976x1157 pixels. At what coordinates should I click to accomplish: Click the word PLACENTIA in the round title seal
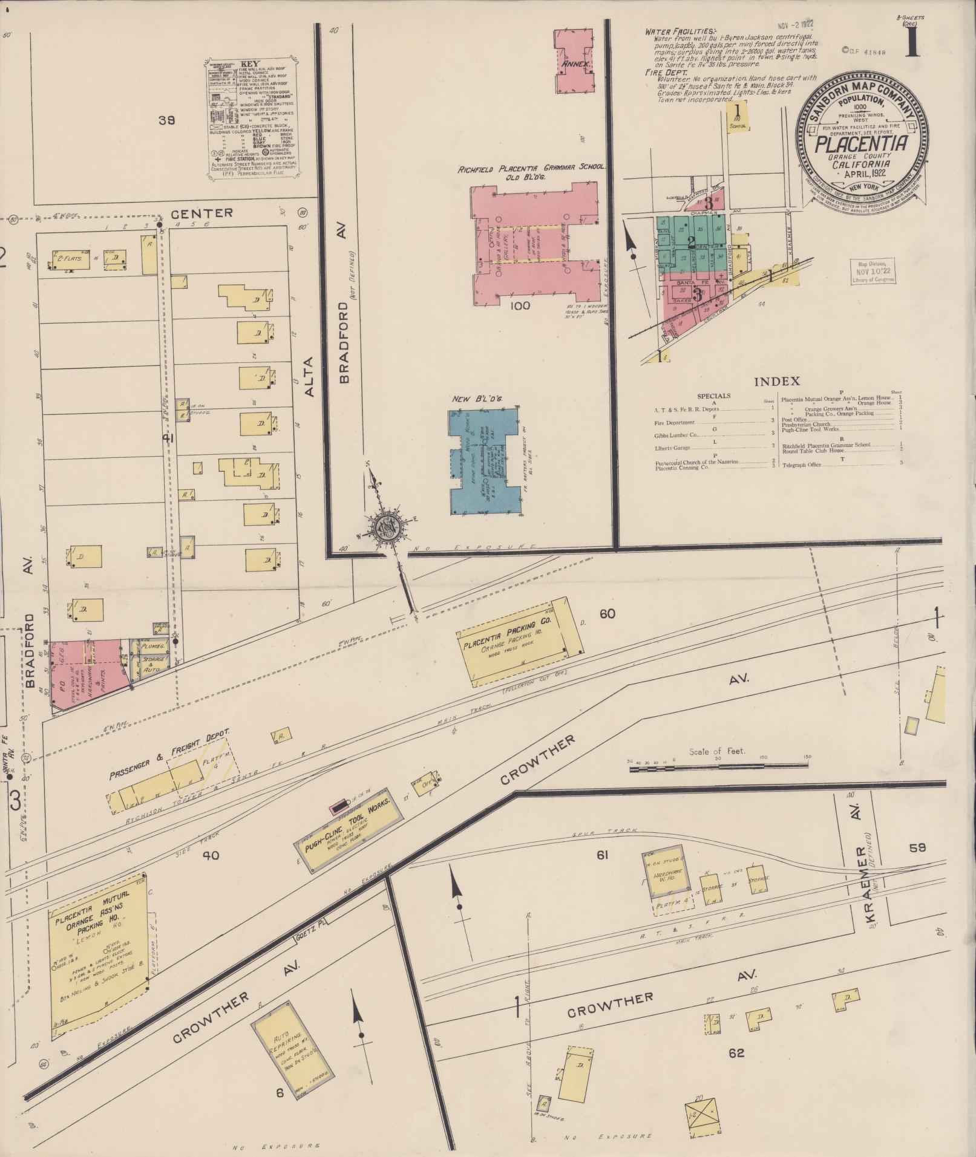(860, 144)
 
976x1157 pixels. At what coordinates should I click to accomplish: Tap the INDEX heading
(777, 381)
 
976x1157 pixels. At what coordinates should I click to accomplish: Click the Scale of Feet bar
(718, 766)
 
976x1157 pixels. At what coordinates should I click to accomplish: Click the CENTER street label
(201, 212)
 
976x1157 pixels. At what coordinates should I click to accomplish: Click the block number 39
(166, 120)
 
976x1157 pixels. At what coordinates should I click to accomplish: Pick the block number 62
(736, 1053)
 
